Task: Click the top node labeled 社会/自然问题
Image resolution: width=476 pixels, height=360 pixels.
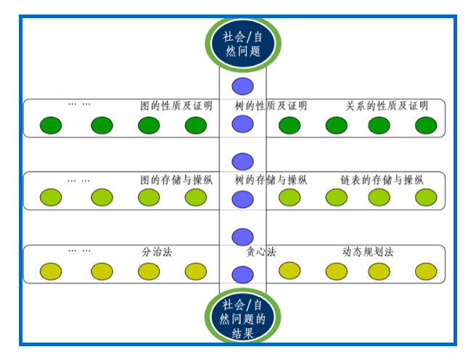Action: point(243,41)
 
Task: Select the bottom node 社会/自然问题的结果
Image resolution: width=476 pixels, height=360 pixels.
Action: point(243,319)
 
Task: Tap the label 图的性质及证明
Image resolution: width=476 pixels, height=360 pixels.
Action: point(176,106)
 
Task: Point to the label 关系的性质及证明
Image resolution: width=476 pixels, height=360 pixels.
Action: point(387,106)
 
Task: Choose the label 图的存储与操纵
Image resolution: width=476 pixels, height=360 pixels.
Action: point(176,179)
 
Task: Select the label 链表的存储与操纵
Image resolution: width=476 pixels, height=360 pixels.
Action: point(382,179)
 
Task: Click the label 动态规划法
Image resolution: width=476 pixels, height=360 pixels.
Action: point(368,253)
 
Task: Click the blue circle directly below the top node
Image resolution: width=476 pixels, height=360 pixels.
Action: point(243,86)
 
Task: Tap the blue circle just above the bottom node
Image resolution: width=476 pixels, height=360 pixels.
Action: point(243,275)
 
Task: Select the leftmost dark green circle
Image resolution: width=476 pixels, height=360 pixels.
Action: point(51,126)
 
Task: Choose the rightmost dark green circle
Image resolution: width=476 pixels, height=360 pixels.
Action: point(426,126)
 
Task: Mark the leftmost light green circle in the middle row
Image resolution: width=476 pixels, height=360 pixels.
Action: point(51,197)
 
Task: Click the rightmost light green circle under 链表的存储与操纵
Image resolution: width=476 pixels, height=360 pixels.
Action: point(426,197)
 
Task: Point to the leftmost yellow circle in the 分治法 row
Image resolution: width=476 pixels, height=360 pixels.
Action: point(51,271)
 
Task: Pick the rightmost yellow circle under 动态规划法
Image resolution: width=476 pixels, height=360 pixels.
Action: point(426,271)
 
